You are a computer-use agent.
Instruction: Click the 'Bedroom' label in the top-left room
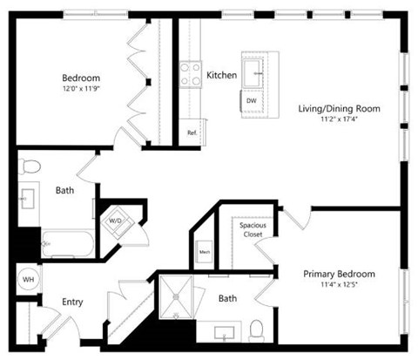pyautogui.click(x=81, y=77)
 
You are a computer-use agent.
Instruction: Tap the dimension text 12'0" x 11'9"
pyautogui.click(x=81, y=88)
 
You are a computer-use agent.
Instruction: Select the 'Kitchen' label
pyautogui.click(x=221, y=76)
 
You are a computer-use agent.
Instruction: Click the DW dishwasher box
pyautogui.click(x=251, y=101)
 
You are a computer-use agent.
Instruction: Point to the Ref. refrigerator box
pyautogui.click(x=192, y=132)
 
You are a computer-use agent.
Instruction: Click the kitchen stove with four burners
pyautogui.click(x=190, y=75)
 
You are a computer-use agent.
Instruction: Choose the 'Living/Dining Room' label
pyautogui.click(x=340, y=109)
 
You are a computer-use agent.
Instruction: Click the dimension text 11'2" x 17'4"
pyautogui.click(x=340, y=120)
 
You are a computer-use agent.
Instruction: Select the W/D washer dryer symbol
pyautogui.click(x=116, y=221)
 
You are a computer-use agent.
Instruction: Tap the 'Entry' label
pyautogui.click(x=72, y=302)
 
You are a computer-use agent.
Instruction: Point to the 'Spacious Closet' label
pyautogui.click(x=253, y=231)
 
